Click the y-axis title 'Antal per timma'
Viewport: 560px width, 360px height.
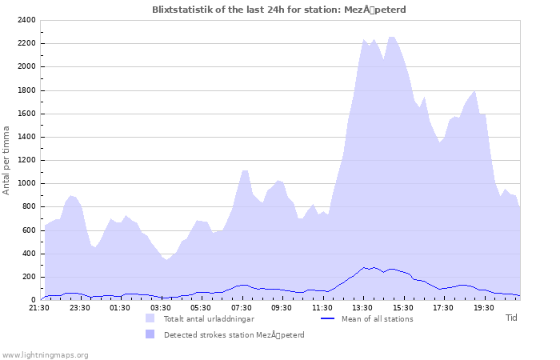coord(6,160)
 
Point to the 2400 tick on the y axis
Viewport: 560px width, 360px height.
coord(25,20)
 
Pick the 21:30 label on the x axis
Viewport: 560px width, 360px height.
coord(39,307)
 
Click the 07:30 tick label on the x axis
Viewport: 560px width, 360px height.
coord(242,307)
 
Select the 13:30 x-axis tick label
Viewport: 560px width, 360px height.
coord(363,307)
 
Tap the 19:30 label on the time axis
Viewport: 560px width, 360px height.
coord(484,307)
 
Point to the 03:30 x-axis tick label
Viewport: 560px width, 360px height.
coord(161,307)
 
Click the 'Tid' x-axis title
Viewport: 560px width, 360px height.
coord(511,318)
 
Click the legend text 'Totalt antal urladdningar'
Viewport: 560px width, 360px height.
coord(209,318)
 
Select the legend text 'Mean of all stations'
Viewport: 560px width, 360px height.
coord(377,318)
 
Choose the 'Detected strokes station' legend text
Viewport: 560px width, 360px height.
coord(234,334)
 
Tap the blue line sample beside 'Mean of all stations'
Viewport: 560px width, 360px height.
coord(326,318)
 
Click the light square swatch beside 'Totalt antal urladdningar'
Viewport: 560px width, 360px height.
coord(150,318)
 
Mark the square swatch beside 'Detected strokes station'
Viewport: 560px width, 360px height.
coord(150,334)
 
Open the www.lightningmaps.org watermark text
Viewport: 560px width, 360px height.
coord(45,354)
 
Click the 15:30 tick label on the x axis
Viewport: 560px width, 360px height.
coord(403,307)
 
